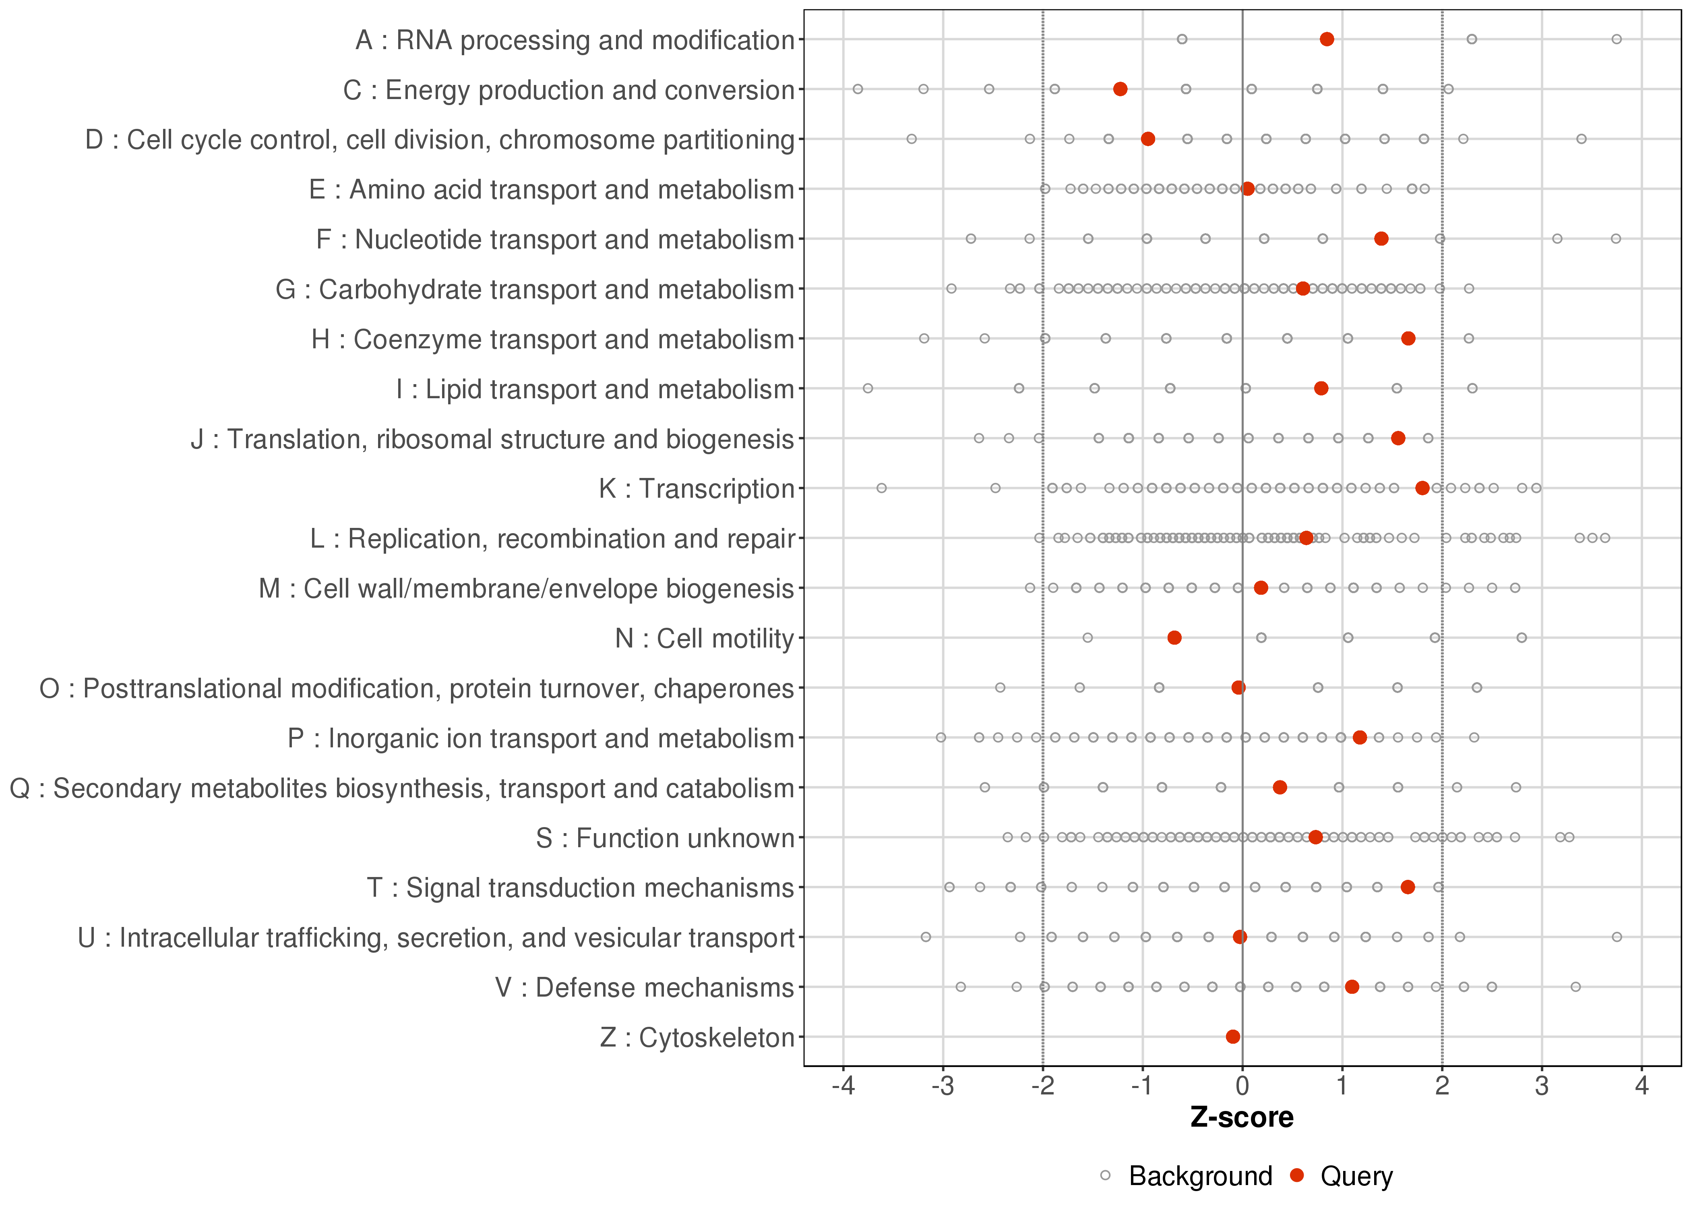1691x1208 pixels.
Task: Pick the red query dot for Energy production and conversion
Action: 1120,89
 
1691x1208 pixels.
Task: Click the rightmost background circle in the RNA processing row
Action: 1617,39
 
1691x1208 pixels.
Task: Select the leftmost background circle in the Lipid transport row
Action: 868,388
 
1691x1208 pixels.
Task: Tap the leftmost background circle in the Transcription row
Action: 882,488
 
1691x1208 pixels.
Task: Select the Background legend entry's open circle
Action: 1105,1176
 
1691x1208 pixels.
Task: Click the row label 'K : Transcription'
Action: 697,489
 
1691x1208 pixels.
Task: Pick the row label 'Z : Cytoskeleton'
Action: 697,1037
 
